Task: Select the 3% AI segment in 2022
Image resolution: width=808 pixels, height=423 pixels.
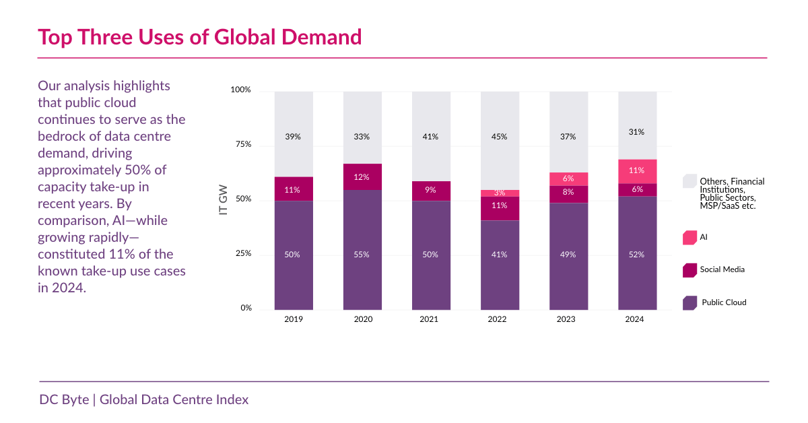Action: point(500,193)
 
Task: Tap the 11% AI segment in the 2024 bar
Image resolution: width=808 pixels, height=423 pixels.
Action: point(637,171)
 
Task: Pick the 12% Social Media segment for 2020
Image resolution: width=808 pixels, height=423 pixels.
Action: point(362,177)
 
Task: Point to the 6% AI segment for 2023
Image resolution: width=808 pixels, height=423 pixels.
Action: point(568,179)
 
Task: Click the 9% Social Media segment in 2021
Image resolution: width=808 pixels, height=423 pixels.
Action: point(431,191)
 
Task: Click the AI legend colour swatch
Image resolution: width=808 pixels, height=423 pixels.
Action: point(689,237)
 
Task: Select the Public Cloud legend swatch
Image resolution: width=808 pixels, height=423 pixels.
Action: point(689,302)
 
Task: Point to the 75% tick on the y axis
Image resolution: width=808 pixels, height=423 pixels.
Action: point(243,144)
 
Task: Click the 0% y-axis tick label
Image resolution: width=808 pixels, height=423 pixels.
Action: point(246,308)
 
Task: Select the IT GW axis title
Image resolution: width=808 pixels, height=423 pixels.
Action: point(224,199)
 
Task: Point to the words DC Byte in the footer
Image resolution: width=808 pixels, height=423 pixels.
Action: point(63,399)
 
